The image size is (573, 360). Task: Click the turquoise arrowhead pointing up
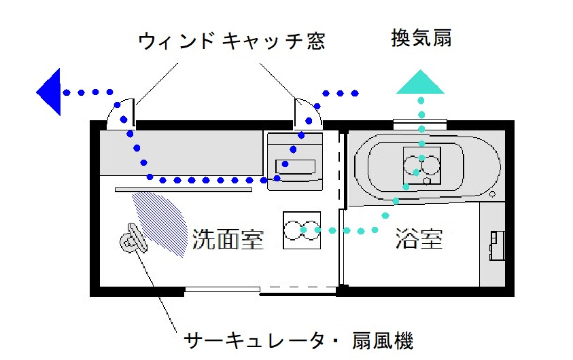pyautogui.click(x=421, y=82)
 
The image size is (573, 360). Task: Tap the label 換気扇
pyautogui.click(x=421, y=38)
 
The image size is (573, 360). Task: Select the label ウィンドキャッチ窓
pyautogui.click(x=231, y=41)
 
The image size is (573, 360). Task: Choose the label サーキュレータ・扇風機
pyautogui.click(x=298, y=340)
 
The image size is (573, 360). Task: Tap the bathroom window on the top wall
pyautogui.click(x=420, y=124)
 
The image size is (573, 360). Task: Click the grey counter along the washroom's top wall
pyautogui.click(x=181, y=154)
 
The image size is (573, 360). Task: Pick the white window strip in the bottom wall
pyautogui.click(x=222, y=291)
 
